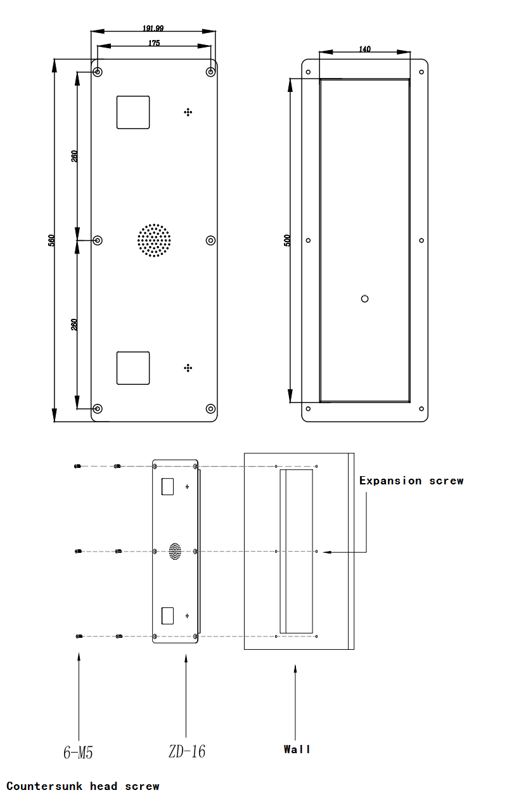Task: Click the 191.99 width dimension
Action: pyautogui.click(x=153, y=28)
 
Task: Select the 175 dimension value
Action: pyautogui.click(x=154, y=43)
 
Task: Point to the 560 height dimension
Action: pyautogui.click(x=51, y=240)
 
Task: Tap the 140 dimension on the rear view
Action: pyautogui.click(x=365, y=49)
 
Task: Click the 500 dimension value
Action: pyautogui.click(x=287, y=240)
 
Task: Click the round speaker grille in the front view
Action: pyautogui.click(x=154, y=240)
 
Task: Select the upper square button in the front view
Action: pyautogui.click(x=133, y=112)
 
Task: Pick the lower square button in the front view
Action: pyautogui.click(x=133, y=368)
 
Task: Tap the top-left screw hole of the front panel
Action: pyautogui.click(x=98, y=72)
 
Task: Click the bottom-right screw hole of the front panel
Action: pyautogui.click(x=211, y=409)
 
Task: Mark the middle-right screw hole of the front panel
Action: pyautogui.click(x=211, y=240)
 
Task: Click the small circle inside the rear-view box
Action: pyautogui.click(x=364, y=299)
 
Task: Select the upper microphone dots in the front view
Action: pyautogui.click(x=188, y=112)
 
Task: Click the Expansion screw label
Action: pyautogui.click(x=411, y=481)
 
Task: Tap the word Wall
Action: pyautogui.click(x=297, y=749)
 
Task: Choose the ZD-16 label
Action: pyautogui.click(x=187, y=752)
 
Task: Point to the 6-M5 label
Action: pyautogui.click(x=79, y=753)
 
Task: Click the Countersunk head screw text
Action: pyautogui.click(x=83, y=786)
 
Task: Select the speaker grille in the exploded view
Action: pyautogui.click(x=176, y=551)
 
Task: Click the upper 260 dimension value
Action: pyautogui.click(x=74, y=156)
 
